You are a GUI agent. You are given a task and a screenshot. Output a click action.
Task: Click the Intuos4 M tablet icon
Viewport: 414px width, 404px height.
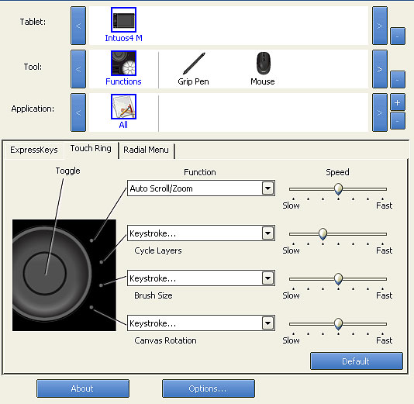pyautogui.click(x=123, y=20)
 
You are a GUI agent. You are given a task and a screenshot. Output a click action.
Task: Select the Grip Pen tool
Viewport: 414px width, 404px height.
pyautogui.click(x=194, y=64)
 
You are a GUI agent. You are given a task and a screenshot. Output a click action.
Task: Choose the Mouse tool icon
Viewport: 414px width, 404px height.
pyautogui.click(x=264, y=63)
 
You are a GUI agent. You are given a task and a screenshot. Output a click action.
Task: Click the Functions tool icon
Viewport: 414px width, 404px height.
pyautogui.click(x=123, y=63)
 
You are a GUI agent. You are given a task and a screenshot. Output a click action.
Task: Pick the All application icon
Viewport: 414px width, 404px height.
pyautogui.click(x=123, y=106)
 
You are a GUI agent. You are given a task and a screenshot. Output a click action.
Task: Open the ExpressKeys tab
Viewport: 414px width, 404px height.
pyautogui.click(x=34, y=150)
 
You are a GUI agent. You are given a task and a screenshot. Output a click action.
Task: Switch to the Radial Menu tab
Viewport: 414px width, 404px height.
pyautogui.click(x=146, y=150)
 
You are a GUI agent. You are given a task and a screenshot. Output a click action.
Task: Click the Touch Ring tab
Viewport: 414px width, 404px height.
pyautogui.click(x=91, y=149)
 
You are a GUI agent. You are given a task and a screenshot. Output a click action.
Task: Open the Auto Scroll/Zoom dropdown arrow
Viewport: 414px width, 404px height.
pyautogui.click(x=267, y=188)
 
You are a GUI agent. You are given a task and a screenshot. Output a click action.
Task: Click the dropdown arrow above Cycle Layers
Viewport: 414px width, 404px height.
pyautogui.click(x=267, y=233)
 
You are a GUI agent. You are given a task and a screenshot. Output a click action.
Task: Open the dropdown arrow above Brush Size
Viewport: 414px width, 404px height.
pyautogui.click(x=267, y=278)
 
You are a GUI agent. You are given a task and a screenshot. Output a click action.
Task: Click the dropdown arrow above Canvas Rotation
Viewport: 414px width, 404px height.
pyautogui.click(x=267, y=323)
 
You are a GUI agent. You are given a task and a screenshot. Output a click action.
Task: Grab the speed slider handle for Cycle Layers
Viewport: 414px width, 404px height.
pyautogui.click(x=323, y=234)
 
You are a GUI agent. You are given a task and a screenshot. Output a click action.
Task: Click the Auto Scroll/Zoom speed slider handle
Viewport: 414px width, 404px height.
pyautogui.click(x=338, y=189)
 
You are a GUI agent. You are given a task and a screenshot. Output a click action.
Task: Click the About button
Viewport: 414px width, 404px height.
pyautogui.click(x=83, y=388)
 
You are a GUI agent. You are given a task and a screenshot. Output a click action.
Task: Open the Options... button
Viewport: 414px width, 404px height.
pyautogui.click(x=209, y=388)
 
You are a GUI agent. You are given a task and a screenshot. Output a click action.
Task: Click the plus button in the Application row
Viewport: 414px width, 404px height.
pyautogui.click(x=398, y=102)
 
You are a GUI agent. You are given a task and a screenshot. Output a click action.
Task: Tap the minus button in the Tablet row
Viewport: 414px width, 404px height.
pyautogui.click(x=398, y=36)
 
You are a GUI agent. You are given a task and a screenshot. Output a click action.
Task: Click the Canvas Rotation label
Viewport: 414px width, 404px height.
pyautogui.click(x=165, y=340)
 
